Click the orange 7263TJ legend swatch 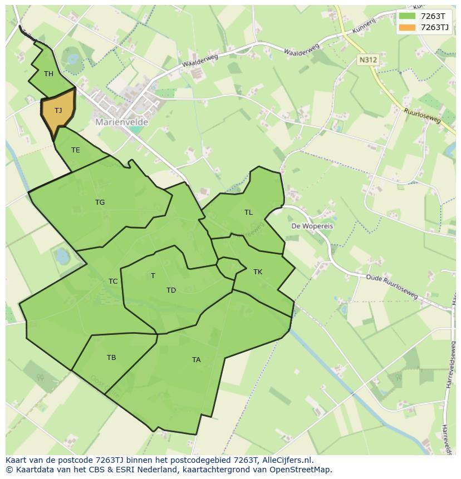pyautogui.click(x=408, y=27)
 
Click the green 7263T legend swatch pyautogui.click(x=408, y=16)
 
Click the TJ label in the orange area pyautogui.click(x=58, y=111)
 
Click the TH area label pyautogui.click(x=48, y=74)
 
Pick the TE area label pyautogui.click(x=76, y=150)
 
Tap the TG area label pyautogui.click(x=100, y=203)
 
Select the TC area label pyautogui.click(x=113, y=282)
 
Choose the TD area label pyautogui.click(x=171, y=290)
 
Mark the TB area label pyautogui.click(x=111, y=358)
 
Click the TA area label pyautogui.click(x=196, y=360)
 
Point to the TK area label pyautogui.click(x=258, y=272)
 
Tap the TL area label pyautogui.click(x=248, y=213)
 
